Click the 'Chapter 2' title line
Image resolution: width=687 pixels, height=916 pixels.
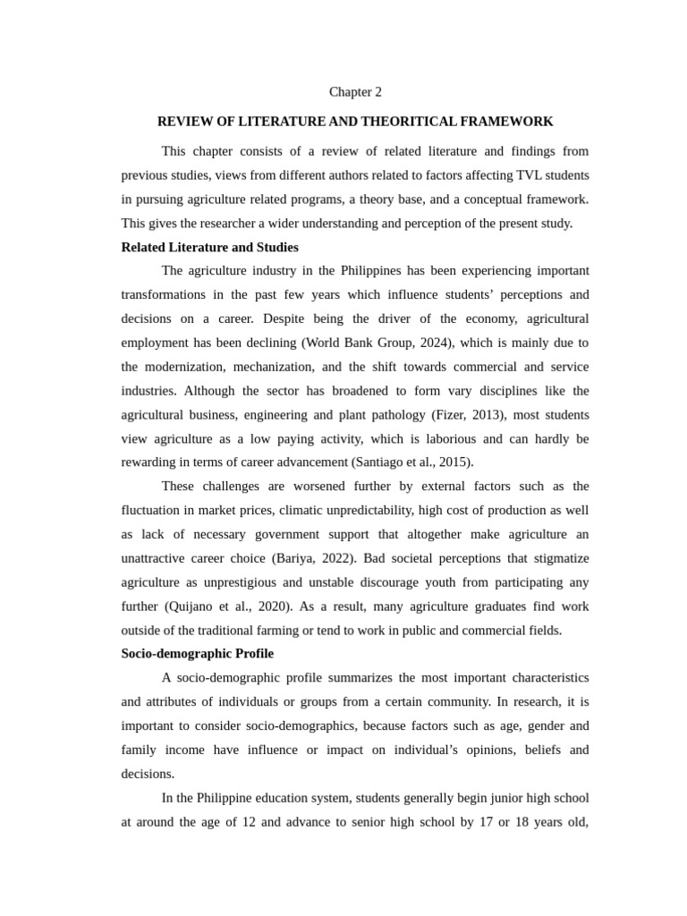point(355,92)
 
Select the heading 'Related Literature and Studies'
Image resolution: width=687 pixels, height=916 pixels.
point(209,247)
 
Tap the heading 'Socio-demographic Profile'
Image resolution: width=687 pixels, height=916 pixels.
point(197,654)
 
